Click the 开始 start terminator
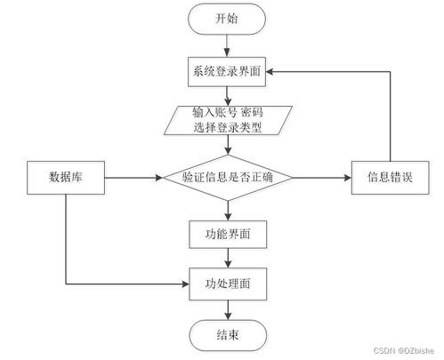228,19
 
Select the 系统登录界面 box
228,73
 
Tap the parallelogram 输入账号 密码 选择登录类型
228,121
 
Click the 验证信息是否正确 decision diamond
228,178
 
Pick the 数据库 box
67,178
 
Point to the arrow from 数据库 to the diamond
133,178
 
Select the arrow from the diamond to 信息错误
320,178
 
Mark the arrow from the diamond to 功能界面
228,209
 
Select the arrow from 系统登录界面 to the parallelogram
228,96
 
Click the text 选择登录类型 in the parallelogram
228,128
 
